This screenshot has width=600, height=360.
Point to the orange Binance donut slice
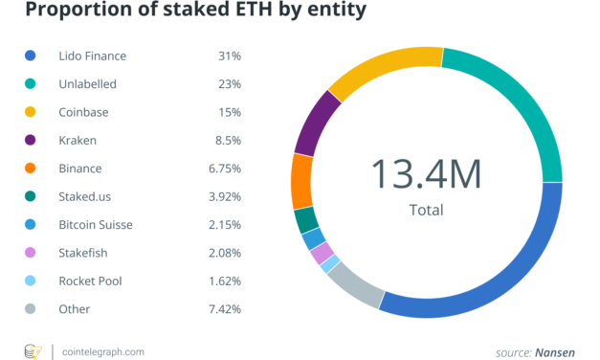302,180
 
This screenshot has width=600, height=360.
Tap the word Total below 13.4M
426,210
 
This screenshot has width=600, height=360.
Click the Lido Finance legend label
93,56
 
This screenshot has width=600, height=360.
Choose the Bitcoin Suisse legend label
96,225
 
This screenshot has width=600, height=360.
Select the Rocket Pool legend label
90,281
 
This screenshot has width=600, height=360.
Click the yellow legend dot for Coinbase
32,113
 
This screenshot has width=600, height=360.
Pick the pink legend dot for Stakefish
32,254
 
